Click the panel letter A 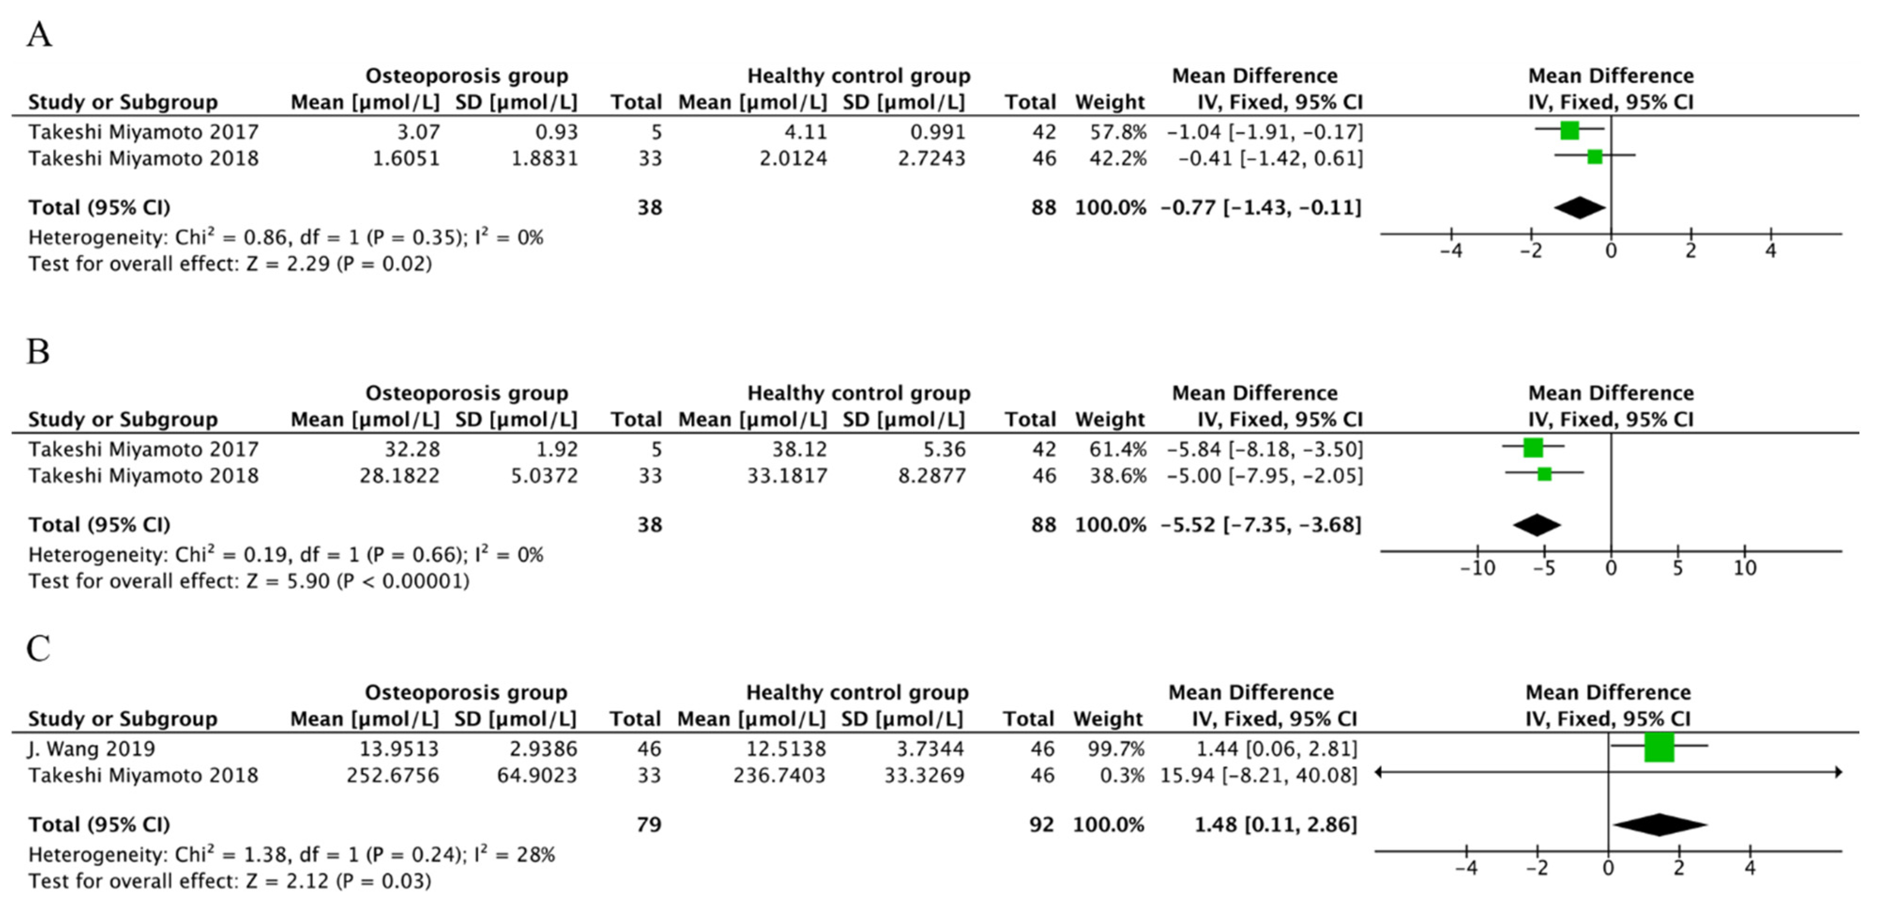coord(39,34)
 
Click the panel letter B coord(38,351)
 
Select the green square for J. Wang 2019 coord(1658,748)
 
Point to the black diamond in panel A coord(1579,208)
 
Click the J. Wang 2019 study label coord(92,748)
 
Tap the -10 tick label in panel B coord(1477,568)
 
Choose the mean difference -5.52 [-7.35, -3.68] coord(1261,525)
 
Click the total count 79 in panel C coord(648,825)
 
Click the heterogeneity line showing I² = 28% coord(292,855)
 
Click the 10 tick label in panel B coord(1745,568)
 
